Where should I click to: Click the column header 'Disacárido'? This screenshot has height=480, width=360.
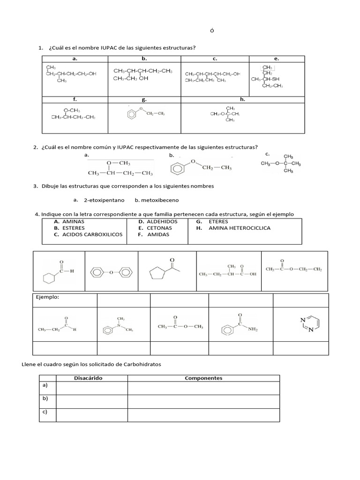(x=88, y=378)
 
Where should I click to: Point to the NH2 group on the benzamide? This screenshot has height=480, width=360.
(x=253, y=330)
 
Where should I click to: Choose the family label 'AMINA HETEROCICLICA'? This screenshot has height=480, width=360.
(x=239, y=228)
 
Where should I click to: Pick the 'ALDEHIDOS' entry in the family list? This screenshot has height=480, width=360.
(x=162, y=221)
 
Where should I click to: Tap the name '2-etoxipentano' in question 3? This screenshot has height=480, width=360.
(x=104, y=200)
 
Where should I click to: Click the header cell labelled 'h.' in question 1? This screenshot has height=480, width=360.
(x=242, y=99)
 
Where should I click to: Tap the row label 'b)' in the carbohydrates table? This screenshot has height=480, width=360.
(x=45, y=398)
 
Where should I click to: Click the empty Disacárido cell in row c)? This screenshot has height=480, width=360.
(x=91, y=415)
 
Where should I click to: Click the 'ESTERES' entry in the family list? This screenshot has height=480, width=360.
(x=74, y=228)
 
